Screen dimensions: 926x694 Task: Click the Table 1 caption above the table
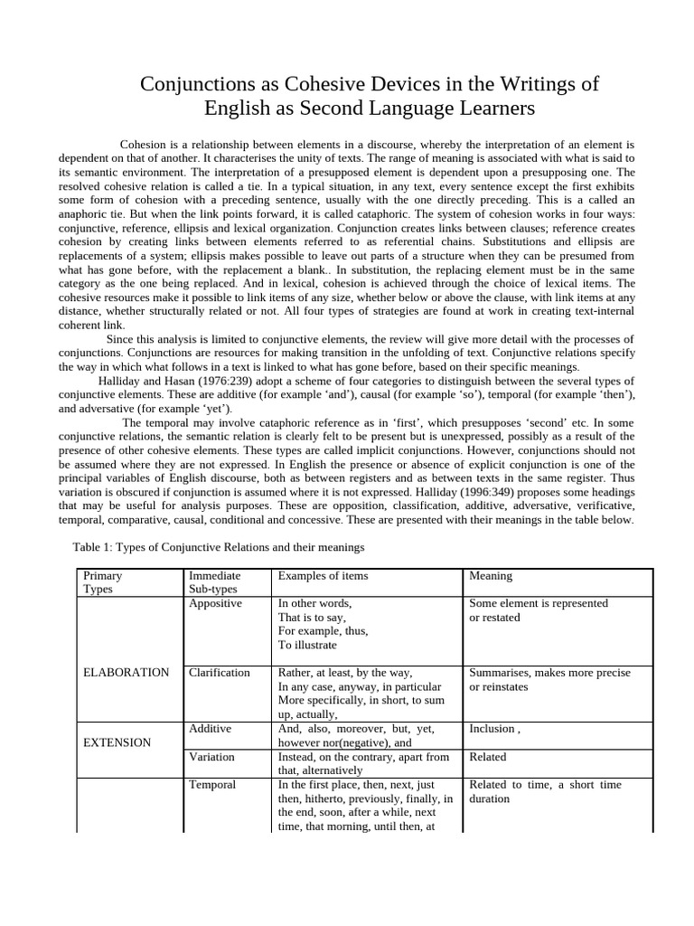click(217, 547)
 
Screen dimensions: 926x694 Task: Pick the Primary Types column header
click(102, 582)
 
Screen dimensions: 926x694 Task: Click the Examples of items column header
click(323, 576)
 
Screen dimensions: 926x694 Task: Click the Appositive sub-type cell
click(215, 603)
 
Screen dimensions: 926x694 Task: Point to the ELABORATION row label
click(126, 672)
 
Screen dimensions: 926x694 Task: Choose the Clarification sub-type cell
click(219, 672)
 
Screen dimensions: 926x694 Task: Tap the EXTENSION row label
click(117, 742)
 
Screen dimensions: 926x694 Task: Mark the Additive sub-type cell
click(210, 728)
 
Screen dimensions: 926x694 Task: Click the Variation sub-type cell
click(211, 756)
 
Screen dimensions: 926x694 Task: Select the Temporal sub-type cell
click(211, 784)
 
